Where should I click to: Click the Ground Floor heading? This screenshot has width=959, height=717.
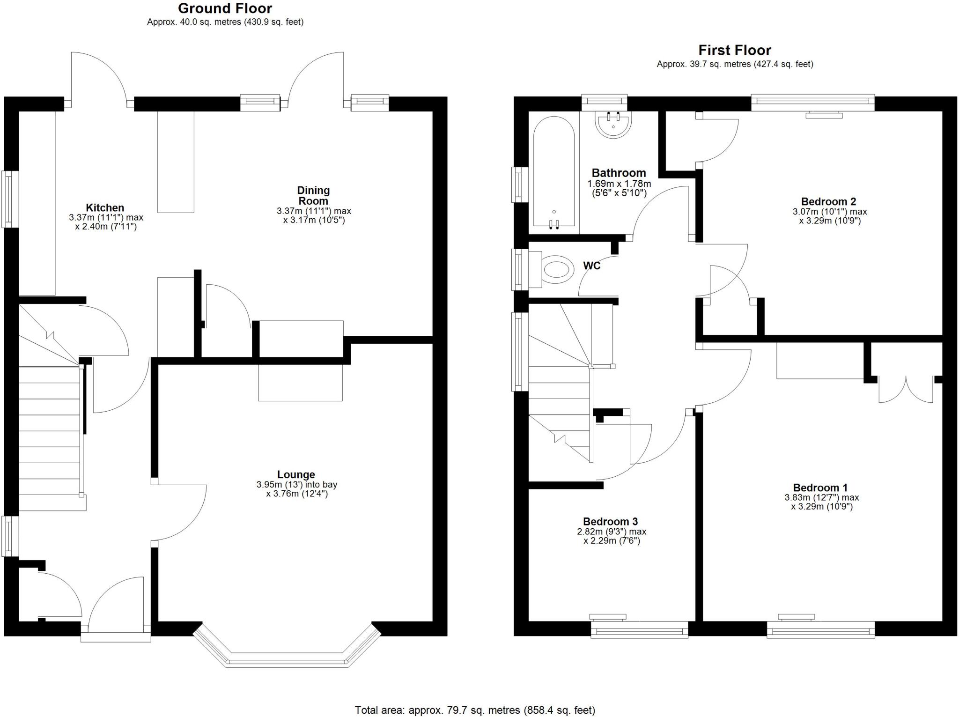225,8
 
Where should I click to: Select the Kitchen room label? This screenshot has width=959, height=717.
105,207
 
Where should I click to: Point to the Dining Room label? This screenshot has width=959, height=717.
313,195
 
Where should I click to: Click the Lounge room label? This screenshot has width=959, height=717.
296,474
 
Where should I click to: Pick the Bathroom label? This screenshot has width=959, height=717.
619,173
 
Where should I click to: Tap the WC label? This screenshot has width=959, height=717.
591,266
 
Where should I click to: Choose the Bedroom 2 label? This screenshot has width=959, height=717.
828,201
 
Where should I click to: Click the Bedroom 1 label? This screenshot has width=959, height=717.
820,488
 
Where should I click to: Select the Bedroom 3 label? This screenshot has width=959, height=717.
610,521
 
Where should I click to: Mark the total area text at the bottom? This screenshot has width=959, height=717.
475,710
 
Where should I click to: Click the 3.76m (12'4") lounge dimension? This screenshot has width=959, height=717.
297,494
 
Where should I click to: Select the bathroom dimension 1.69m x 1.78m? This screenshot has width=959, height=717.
619,184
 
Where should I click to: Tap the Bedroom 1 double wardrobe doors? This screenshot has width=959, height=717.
906,389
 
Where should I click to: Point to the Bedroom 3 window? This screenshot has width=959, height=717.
639,629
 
